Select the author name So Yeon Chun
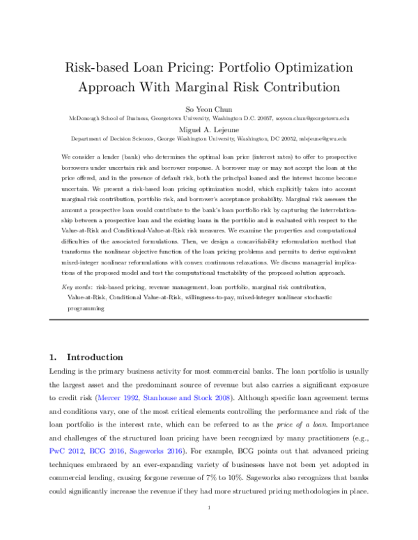click(208, 109)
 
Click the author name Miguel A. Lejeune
click(208, 128)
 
